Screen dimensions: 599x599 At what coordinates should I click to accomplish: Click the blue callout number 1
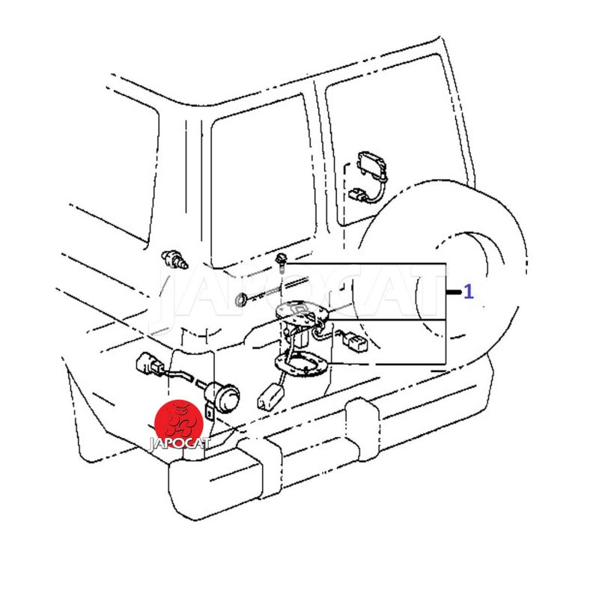(x=469, y=292)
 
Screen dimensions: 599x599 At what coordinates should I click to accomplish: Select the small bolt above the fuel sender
(x=282, y=261)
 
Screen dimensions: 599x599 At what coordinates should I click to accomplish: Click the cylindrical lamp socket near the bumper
(x=222, y=398)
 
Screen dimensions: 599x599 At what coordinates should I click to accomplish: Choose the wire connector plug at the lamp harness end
(x=148, y=364)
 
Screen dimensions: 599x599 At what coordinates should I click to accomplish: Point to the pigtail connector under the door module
(x=359, y=194)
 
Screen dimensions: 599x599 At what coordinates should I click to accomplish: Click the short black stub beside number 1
(x=454, y=292)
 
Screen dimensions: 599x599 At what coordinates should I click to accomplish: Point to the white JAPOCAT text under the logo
(x=179, y=443)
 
